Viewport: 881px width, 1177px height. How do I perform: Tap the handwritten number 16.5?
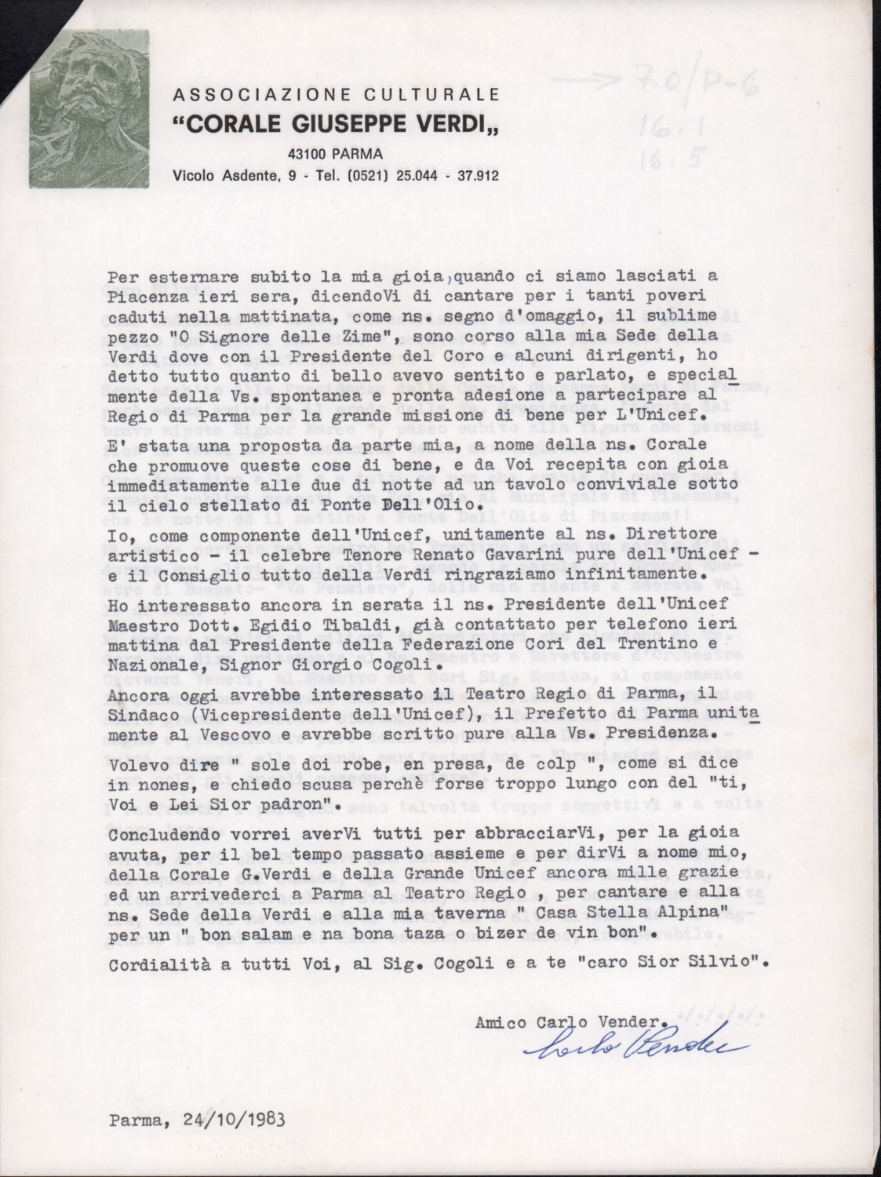[x=668, y=160]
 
